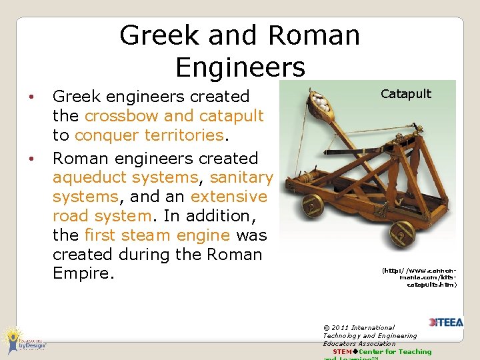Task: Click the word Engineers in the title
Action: (x=240, y=67)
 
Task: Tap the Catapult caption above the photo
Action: (x=406, y=93)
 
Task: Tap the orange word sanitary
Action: (x=241, y=177)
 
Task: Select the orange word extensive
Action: (x=229, y=197)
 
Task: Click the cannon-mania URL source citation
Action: (x=420, y=277)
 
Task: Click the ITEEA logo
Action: (x=445, y=322)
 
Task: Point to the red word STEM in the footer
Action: (x=342, y=351)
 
